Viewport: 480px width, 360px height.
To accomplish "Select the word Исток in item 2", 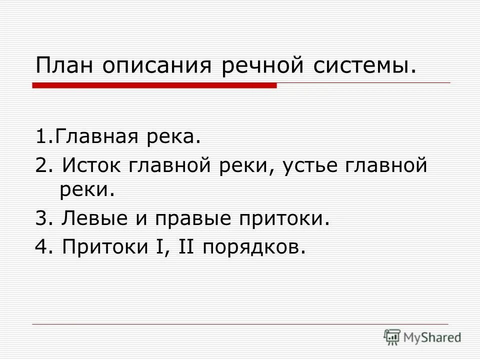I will (93, 164).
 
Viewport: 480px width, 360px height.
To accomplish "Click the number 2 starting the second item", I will (40, 164).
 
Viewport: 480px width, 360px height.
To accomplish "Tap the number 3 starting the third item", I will (40, 218).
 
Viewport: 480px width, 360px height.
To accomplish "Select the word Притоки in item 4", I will (102, 246).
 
